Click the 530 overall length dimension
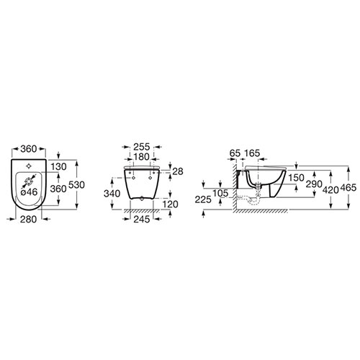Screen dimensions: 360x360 (x=76, y=184)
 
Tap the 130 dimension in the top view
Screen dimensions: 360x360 (x=59, y=166)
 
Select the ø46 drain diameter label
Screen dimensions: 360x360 (x=29, y=192)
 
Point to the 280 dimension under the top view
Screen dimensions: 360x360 (x=28, y=219)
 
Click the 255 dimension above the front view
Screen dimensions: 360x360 (x=142, y=147)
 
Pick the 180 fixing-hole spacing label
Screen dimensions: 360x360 (x=141, y=157)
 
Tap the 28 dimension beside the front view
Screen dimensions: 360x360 (x=178, y=171)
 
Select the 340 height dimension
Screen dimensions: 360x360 (x=112, y=194)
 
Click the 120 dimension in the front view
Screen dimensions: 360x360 (x=171, y=204)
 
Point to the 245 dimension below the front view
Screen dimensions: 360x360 (x=142, y=219)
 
